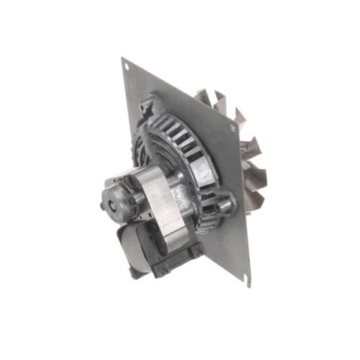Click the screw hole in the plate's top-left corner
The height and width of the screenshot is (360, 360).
(x=127, y=69)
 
